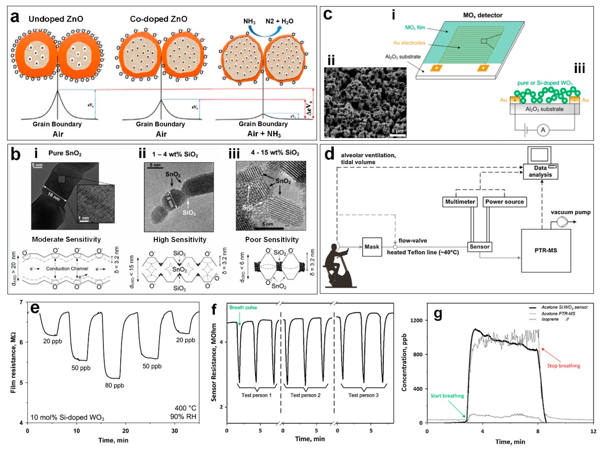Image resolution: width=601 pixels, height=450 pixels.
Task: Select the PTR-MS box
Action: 546,250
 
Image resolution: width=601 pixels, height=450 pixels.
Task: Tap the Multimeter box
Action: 460,202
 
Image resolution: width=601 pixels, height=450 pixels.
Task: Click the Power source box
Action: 504,202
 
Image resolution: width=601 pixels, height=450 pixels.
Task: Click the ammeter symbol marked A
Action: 543,130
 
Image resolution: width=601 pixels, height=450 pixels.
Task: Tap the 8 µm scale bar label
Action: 397,131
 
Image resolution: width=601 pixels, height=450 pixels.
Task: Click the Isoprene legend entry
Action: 550,319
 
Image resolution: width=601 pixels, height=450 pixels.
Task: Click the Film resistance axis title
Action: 13,362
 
